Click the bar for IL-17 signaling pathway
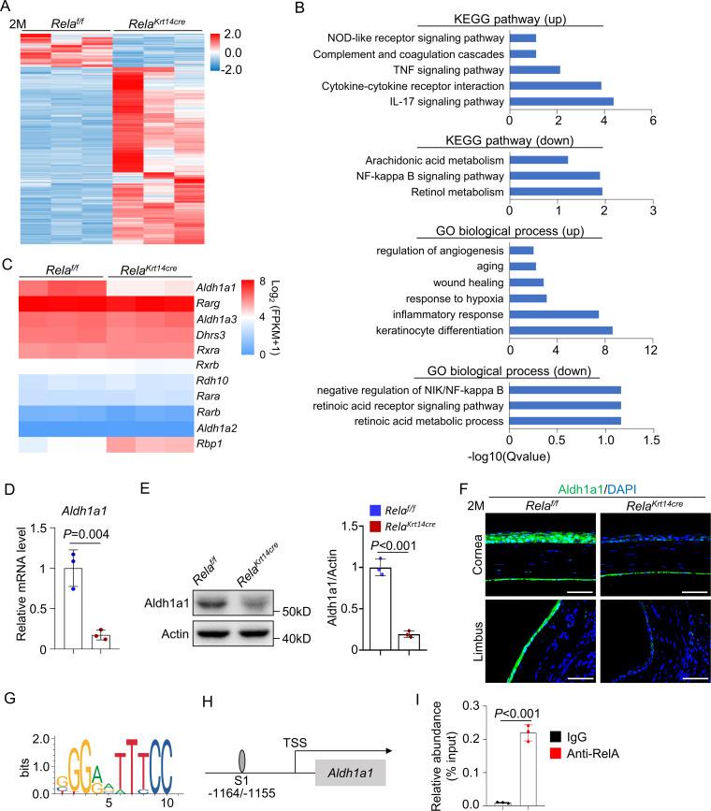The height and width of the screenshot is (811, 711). pyautogui.click(x=561, y=101)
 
